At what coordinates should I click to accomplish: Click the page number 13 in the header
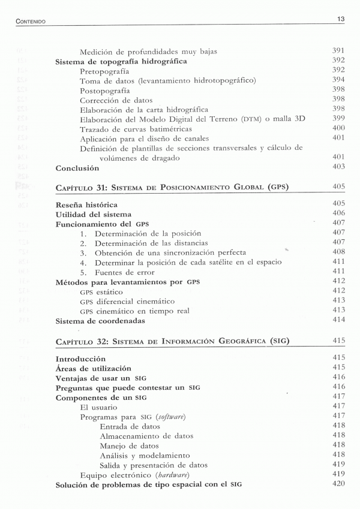pos(341,19)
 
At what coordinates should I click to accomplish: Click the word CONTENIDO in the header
pos(31,22)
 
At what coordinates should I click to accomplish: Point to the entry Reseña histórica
pos(86,204)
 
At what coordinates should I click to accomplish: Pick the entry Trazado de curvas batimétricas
pos(136,129)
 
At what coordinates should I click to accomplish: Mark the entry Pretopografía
pos(104,71)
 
